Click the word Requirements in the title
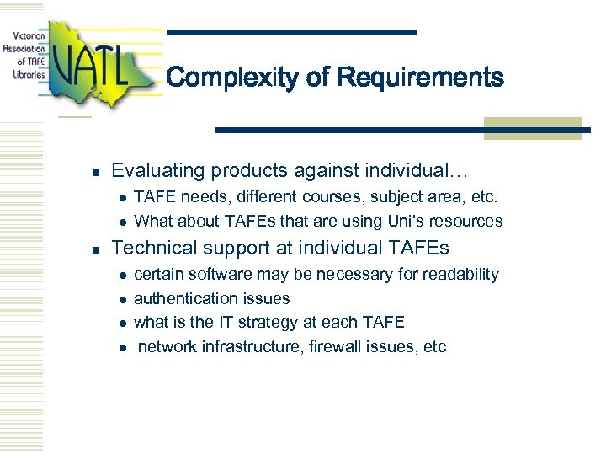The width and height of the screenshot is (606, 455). pyautogui.click(x=420, y=78)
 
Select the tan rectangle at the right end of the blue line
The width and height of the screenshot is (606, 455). pyautogui.click(x=532, y=128)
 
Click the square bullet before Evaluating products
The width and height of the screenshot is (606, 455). pyautogui.click(x=97, y=173)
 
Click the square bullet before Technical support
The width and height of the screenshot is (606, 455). pyautogui.click(x=97, y=250)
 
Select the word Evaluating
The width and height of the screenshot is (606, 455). pyautogui.click(x=158, y=171)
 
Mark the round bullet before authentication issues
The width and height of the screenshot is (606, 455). pyautogui.click(x=122, y=300)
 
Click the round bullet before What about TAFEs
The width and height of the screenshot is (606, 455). pyautogui.click(x=122, y=222)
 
